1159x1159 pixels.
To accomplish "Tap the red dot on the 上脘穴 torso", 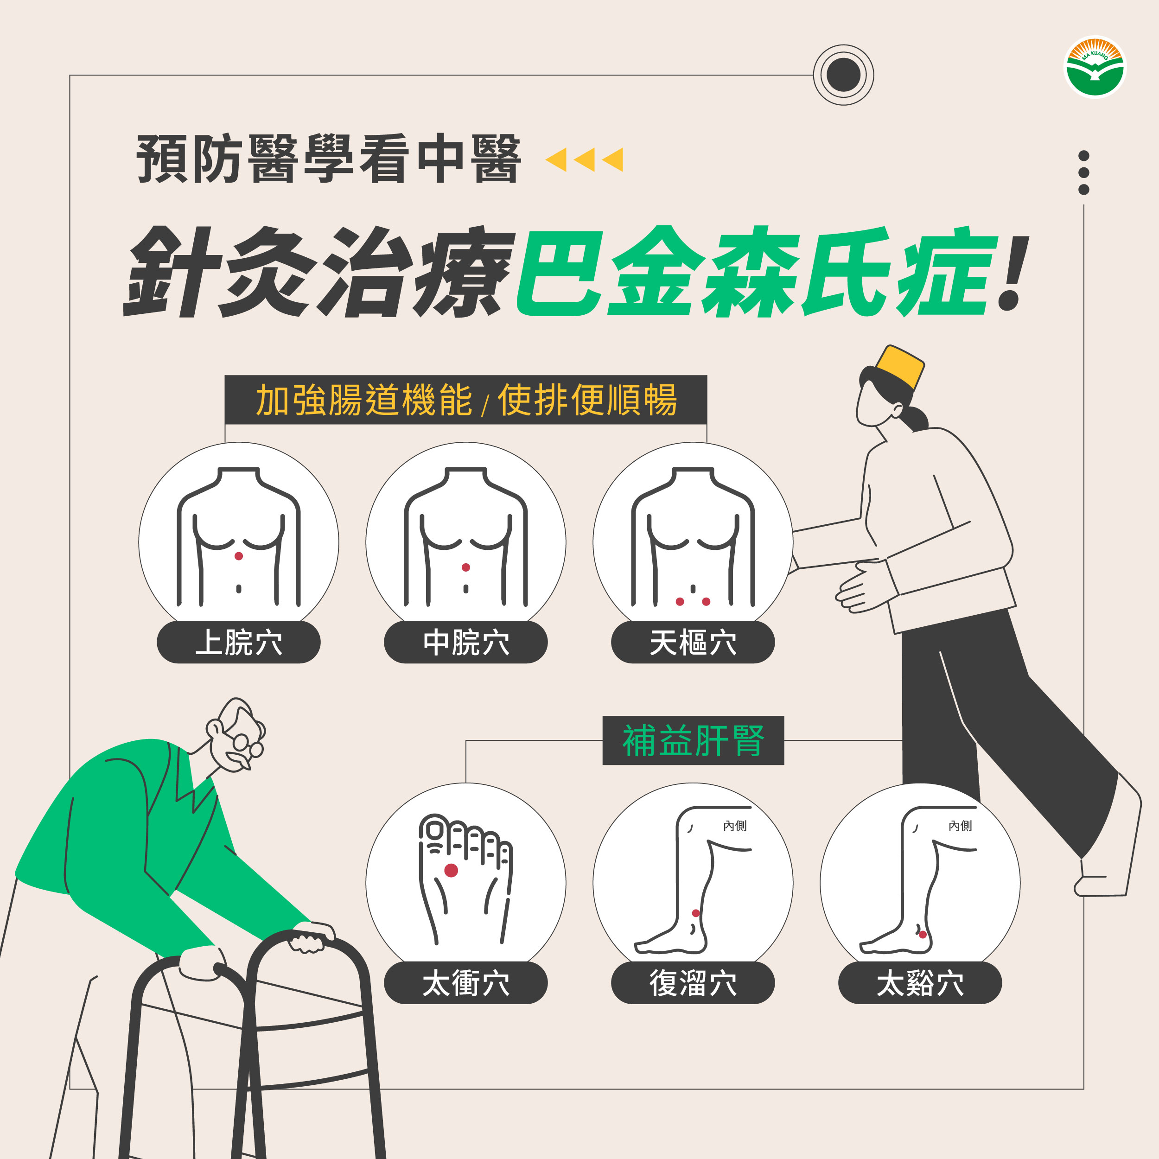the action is click(x=239, y=556).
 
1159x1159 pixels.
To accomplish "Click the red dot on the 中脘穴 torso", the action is click(x=465, y=567).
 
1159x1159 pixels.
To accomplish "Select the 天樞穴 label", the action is click(x=693, y=643).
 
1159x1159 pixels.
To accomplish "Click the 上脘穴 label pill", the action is click(x=239, y=643).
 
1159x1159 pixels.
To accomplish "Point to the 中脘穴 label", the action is click(x=465, y=643).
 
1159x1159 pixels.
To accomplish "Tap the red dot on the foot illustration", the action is click(x=451, y=871).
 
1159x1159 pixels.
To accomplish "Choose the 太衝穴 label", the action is click(x=465, y=983).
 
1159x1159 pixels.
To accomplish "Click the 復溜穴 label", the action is click(x=693, y=983).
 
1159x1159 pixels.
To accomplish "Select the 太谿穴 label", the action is click(x=920, y=983).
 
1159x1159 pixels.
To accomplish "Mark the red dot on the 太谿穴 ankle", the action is click(x=923, y=935).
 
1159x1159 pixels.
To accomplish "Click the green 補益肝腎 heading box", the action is click(x=693, y=740).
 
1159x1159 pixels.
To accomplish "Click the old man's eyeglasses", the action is click(x=246, y=745).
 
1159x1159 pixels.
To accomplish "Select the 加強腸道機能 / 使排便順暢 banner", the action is click(x=465, y=400).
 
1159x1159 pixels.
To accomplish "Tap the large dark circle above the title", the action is click(x=843, y=75).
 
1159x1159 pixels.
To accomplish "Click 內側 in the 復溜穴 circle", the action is click(x=735, y=826).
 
